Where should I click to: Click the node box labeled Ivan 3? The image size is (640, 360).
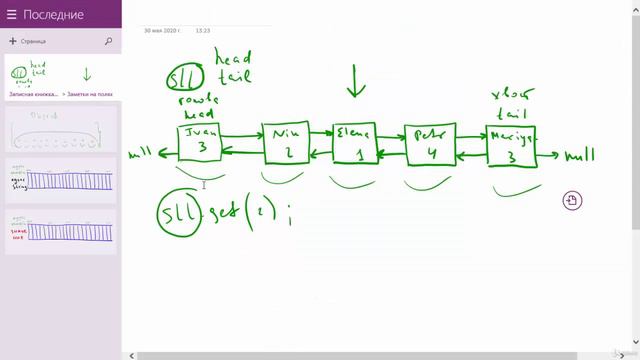[x=200, y=142]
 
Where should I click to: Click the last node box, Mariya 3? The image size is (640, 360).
[x=510, y=147]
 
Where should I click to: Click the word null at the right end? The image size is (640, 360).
[x=579, y=156]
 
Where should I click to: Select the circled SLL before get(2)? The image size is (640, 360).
[x=179, y=214]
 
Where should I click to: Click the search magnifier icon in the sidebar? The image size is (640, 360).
[x=108, y=42]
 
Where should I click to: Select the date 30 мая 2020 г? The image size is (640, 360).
[x=161, y=31]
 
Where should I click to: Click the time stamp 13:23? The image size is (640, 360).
[x=203, y=31]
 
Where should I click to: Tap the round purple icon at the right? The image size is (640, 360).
[x=571, y=200]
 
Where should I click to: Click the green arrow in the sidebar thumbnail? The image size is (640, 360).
[x=86, y=74]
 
